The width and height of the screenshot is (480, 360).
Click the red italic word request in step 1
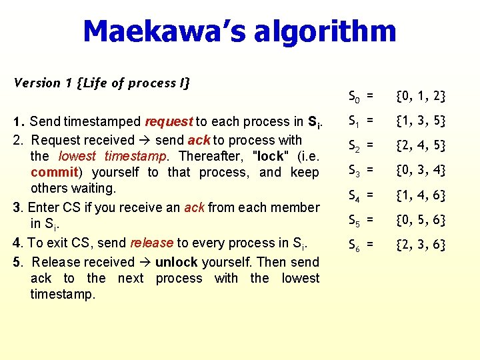coord(169,122)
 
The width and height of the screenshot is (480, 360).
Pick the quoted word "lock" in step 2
coord(269,156)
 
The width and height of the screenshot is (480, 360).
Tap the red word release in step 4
coord(152,243)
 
